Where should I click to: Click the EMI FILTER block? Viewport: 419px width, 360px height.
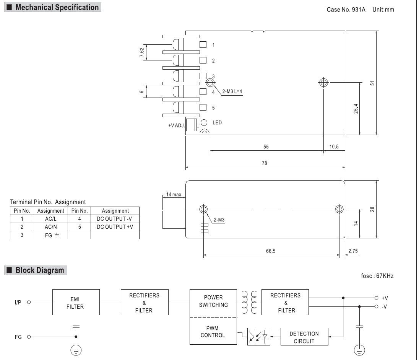[x=76, y=302]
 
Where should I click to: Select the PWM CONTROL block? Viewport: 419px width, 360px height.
[x=213, y=331]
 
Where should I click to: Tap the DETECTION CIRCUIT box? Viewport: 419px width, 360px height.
[x=304, y=337]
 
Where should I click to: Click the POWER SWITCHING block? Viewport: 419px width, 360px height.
[x=213, y=303]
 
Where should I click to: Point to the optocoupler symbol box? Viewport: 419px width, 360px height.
[x=259, y=337]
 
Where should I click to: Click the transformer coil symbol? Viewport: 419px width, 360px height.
[x=249, y=302]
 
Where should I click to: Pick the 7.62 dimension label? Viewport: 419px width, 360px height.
[x=142, y=52]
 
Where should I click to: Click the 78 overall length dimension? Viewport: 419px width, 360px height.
[x=265, y=163]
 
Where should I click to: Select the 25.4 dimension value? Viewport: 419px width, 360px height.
[x=356, y=109]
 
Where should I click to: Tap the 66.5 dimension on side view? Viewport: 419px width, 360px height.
[x=271, y=251]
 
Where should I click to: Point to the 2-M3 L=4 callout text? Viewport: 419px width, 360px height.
[x=232, y=91]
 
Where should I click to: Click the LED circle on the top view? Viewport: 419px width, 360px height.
[x=204, y=122]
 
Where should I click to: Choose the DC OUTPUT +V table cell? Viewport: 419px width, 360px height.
[x=115, y=227]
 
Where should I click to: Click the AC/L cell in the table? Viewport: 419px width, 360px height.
[x=50, y=219]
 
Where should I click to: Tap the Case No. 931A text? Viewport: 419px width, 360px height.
[x=346, y=10]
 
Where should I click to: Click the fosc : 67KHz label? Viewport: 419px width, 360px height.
[x=377, y=276]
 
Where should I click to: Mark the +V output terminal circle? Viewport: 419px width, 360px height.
[x=376, y=298]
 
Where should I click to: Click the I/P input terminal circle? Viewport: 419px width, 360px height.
[x=29, y=302]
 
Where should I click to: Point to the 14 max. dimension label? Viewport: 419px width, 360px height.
[x=174, y=194]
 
